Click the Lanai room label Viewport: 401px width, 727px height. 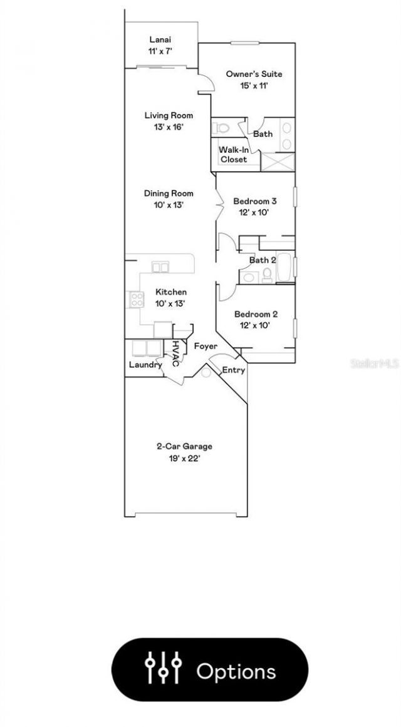[160, 40]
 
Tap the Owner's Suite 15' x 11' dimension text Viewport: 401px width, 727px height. [254, 85]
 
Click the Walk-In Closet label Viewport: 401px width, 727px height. [234, 155]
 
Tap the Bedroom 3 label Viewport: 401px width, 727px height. [255, 201]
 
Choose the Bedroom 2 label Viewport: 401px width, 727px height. [256, 314]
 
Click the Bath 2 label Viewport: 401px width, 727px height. [263, 260]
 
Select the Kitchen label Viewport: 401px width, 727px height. [171, 292]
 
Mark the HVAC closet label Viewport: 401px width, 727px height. [176, 353]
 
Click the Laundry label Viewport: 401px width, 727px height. [145, 365]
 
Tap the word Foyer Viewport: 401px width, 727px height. [206, 347]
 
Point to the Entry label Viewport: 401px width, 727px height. [234, 370]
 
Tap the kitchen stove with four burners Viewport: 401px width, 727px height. [137, 299]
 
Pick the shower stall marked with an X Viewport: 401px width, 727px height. [278, 162]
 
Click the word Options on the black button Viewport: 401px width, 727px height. [236, 671]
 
